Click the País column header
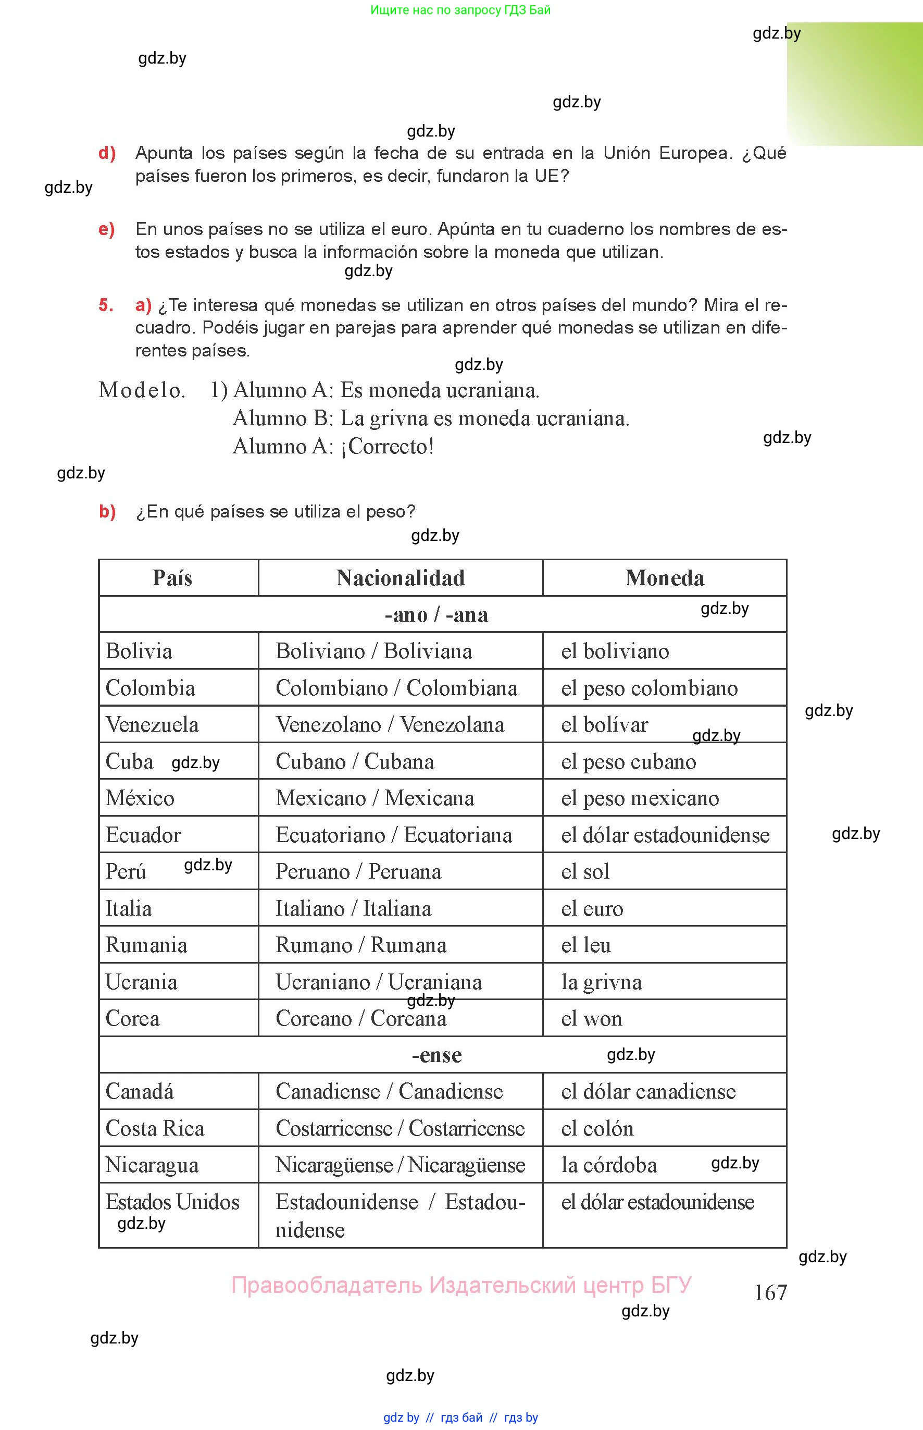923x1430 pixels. pyautogui.click(x=172, y=578)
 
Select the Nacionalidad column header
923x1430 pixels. pyautogui.click(x=401, y=578)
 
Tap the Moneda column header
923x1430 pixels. pyautogui.click(x=665, y=578)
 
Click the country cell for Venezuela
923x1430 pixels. pyautogui.click(x=152, y=725)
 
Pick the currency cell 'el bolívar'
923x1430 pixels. pyautogui.click(x=604, y=725)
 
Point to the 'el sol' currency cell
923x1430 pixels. pyautogui.click(x=585, y=871)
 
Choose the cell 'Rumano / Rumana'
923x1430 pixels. pyautogui.click(x=361, y=945)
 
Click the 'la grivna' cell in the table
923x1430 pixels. pyautogui.click(x=601, y=981)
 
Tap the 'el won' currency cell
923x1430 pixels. pyautogui.click(x=592, y=1018)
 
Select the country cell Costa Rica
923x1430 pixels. pyautogui.click(x=155, y=1128)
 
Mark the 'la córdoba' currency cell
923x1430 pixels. pyautogui.click(x=609, y=1164)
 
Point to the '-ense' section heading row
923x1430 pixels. pyautogui.click(x=436, y=1055)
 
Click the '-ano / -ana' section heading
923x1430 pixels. pyautogui.click(x=436, y=614)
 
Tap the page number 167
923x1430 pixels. pyautogui.click(x=770, y=1292)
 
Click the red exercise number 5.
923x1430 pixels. pyautogui.click(x=106, y=305)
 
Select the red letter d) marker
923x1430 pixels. pyautogui.click(x=107, y=153)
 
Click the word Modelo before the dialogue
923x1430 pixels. pyautogui.click(x=142, y=390)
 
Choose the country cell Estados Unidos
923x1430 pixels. pyautogui.click(x=172, y=1202)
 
